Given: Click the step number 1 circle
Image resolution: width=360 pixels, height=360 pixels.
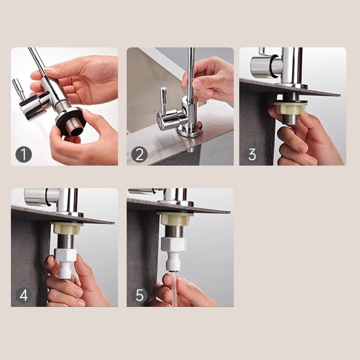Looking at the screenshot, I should click(x=24, y=154).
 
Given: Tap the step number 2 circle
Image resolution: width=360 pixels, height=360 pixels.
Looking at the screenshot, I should click(x=139, y=154).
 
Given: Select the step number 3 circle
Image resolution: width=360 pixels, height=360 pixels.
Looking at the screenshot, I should click(x=252, y=154).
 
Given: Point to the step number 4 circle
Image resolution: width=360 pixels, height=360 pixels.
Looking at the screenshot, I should click(x=24, y=295).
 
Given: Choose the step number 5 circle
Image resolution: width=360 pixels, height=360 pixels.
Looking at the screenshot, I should click(x=139, y=295).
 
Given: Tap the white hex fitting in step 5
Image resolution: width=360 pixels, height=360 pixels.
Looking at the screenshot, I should click(x=173, y=245).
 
